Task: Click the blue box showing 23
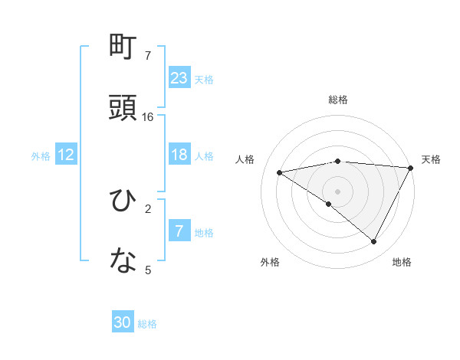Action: pos(179,77)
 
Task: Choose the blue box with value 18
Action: pos(179,155)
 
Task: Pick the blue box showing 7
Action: pos(179,231)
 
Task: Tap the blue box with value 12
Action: pos(66,155)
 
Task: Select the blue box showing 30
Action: pos(123,322)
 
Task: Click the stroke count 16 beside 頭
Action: pos(148,117)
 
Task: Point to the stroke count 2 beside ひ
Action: pos(148,208)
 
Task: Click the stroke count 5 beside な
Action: pos(148,269)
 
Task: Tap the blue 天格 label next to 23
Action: pos(204,79)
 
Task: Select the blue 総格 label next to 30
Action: pos(147,324)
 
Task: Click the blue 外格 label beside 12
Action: pos(41,156)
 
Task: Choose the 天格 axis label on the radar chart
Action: pos(431,159)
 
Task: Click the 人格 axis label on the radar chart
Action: pos(246,159)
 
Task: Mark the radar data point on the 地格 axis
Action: pos(374,242)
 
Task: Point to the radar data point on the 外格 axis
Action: pos(329,204)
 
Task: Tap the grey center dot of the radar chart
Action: pos(337,191)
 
